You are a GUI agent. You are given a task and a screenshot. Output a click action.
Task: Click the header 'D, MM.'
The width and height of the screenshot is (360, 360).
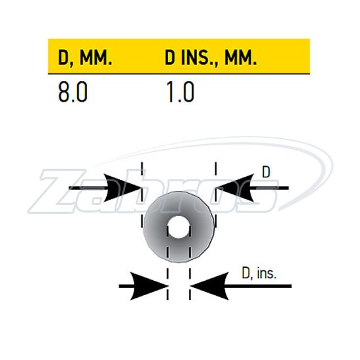85,58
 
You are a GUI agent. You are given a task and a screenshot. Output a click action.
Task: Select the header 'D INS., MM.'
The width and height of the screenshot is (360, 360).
211,58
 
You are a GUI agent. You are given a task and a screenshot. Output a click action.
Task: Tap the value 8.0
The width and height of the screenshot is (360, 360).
73,92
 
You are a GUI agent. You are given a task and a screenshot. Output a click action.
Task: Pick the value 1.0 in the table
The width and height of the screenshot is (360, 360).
180,92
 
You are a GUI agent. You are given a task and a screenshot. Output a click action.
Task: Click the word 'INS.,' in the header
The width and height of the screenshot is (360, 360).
200,58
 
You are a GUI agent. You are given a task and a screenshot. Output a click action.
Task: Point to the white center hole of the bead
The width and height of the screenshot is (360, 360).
179,227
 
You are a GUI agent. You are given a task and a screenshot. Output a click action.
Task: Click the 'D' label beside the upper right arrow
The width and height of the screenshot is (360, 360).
266,171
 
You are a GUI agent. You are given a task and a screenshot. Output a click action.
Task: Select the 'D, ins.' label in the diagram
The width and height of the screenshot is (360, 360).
259,273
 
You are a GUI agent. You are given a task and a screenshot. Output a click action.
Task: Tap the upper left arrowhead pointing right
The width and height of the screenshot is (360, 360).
122,188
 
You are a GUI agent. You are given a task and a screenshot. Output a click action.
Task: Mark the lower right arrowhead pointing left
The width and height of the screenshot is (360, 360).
209,286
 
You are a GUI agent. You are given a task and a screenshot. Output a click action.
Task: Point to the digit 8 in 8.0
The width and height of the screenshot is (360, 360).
64,92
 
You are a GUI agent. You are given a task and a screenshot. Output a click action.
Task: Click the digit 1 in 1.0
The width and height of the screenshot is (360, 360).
170,92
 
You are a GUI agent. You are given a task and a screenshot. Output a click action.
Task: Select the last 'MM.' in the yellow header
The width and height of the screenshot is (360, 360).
241,58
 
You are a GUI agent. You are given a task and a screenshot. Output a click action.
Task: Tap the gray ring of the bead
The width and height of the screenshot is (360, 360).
154,227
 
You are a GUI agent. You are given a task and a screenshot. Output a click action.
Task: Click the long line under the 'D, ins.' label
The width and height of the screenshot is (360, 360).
241,286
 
